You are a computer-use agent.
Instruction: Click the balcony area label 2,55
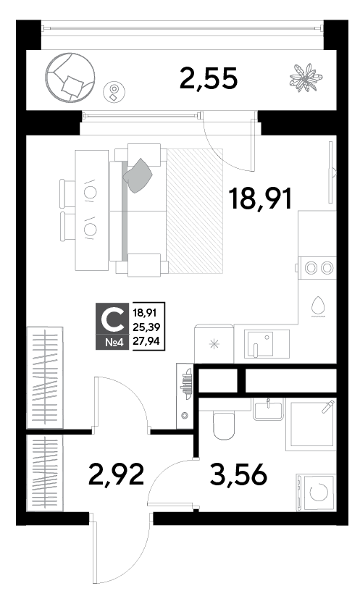209,78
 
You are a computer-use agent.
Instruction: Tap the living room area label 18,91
260,198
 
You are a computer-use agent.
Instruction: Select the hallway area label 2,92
116,474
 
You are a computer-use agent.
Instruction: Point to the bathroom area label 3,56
238,474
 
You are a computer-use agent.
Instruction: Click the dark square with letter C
110,326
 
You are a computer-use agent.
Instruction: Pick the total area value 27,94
146,340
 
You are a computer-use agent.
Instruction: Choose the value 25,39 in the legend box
146,327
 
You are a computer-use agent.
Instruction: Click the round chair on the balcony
70,78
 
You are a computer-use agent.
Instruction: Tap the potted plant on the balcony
306,78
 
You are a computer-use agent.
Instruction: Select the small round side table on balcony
114,92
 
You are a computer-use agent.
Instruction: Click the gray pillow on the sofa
138,175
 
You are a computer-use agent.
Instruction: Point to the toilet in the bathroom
223,424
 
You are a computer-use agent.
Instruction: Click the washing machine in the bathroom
316,493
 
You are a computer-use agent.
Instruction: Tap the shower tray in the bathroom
311,424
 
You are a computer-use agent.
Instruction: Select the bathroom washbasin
268,409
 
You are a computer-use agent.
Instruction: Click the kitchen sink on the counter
261,344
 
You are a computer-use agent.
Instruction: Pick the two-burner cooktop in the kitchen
318,268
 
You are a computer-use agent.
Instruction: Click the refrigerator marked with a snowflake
214,344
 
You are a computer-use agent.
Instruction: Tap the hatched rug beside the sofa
195,211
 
